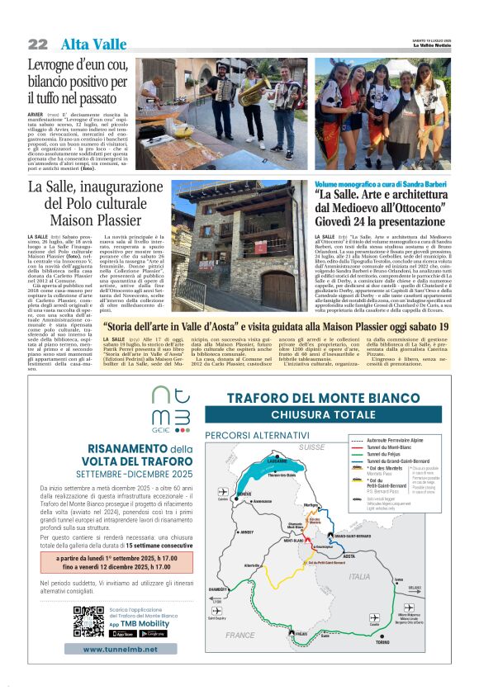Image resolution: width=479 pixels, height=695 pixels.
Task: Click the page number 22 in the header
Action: click(37, 44)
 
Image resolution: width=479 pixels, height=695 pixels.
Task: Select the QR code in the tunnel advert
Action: click(88, 622)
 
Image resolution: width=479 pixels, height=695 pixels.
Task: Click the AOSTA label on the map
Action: click(326, 556)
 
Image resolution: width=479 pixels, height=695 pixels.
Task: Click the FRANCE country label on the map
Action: click(240, 635)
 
